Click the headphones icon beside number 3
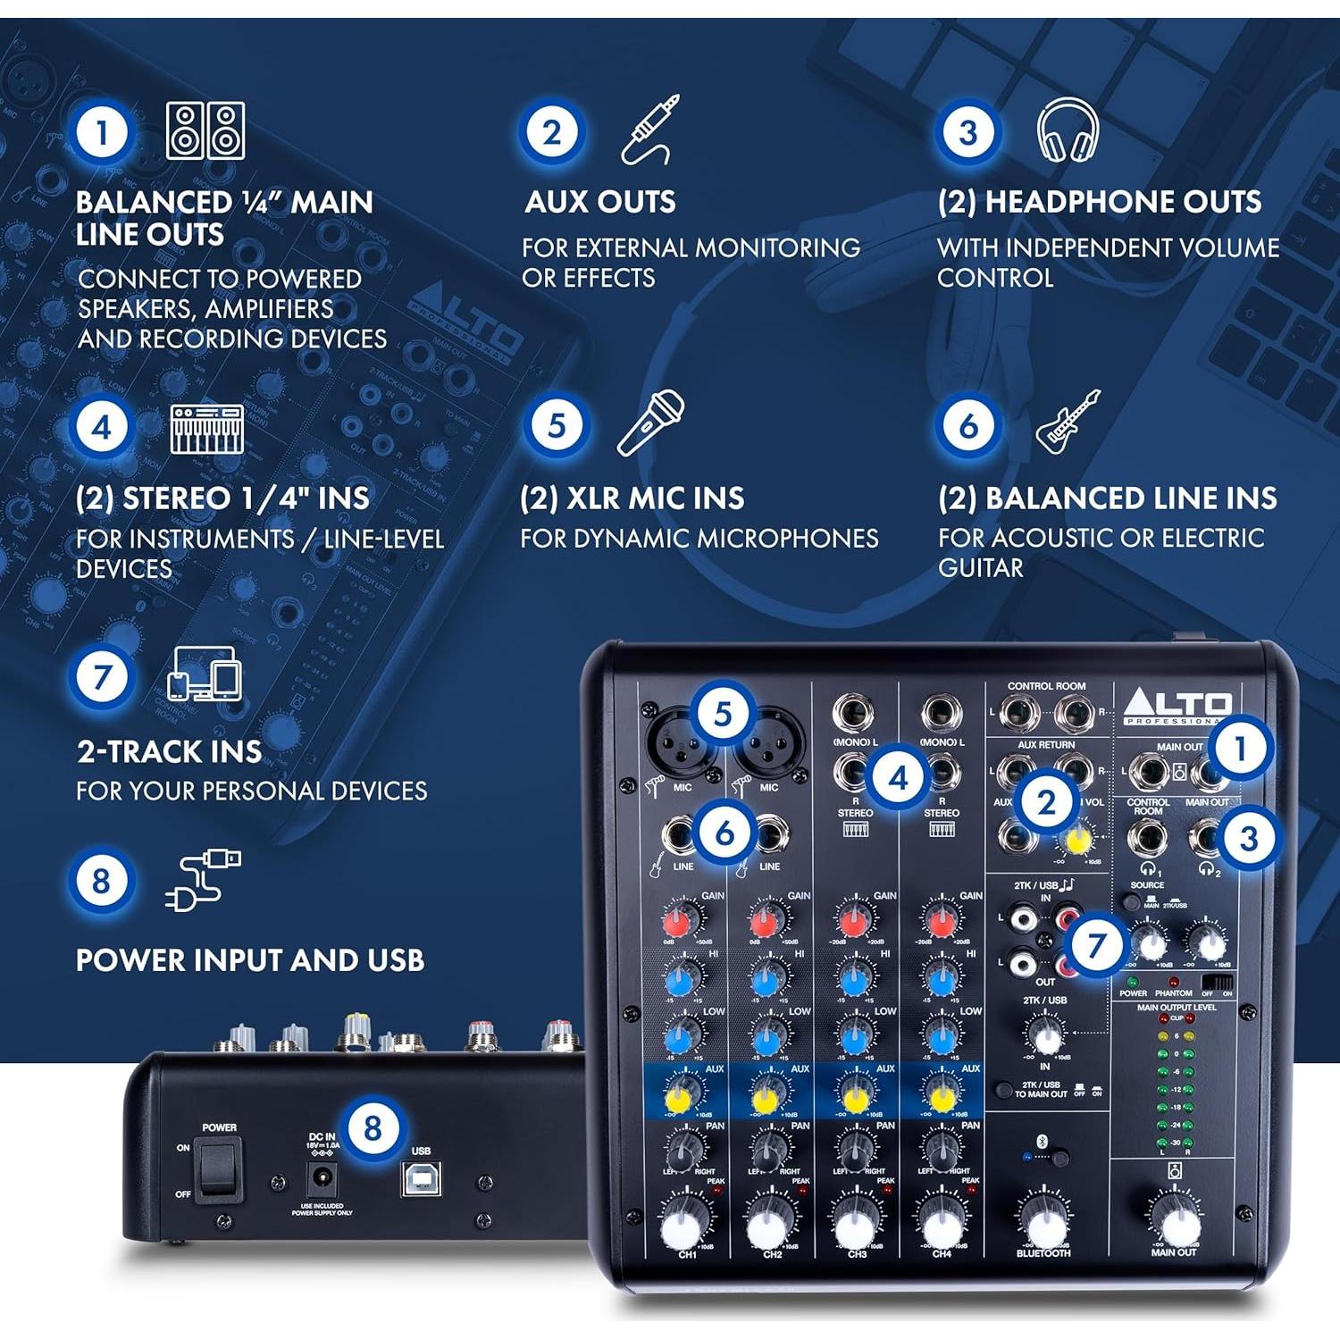[1068, 130]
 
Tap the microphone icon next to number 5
[650, 423]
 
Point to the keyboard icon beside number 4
[207, 429]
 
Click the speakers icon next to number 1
[205, 130]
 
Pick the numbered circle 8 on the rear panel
[373, 1128]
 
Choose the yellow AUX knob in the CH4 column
[941, 1095]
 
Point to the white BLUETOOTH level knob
[1043, 1225]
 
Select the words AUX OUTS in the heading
[600, 202]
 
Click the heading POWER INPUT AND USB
[250, 960]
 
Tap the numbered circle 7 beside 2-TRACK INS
[101, 677]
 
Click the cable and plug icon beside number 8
[203, 879]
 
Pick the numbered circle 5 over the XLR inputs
[722, 714]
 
